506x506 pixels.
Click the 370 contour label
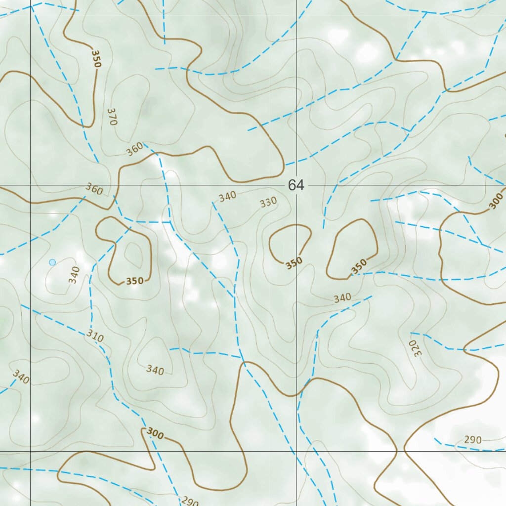coord(111,117)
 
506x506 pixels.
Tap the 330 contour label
coord(268,202)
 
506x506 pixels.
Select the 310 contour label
coord(95,337)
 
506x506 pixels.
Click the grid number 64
coord(295,185)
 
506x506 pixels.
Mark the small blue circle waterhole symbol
coord(52,262)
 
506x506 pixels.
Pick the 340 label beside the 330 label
coord(227,196)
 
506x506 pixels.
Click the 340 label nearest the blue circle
coord(74,275)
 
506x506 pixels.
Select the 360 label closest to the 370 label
coord(134,148)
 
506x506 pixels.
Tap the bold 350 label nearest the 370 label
coord(94,58)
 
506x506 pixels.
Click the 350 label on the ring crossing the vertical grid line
coord(294,263)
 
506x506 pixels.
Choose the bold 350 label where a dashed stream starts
coord(359,266)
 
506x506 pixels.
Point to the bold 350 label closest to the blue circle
coord(134,281)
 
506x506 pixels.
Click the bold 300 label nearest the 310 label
coord(155,434)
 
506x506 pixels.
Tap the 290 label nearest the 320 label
coord(472,439)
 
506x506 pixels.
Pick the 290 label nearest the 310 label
coord(189,502)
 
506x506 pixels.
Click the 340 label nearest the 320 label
coord(342,297)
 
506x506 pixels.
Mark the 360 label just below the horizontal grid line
coord(94,188)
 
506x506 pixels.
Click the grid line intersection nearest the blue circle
coord(31,185)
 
